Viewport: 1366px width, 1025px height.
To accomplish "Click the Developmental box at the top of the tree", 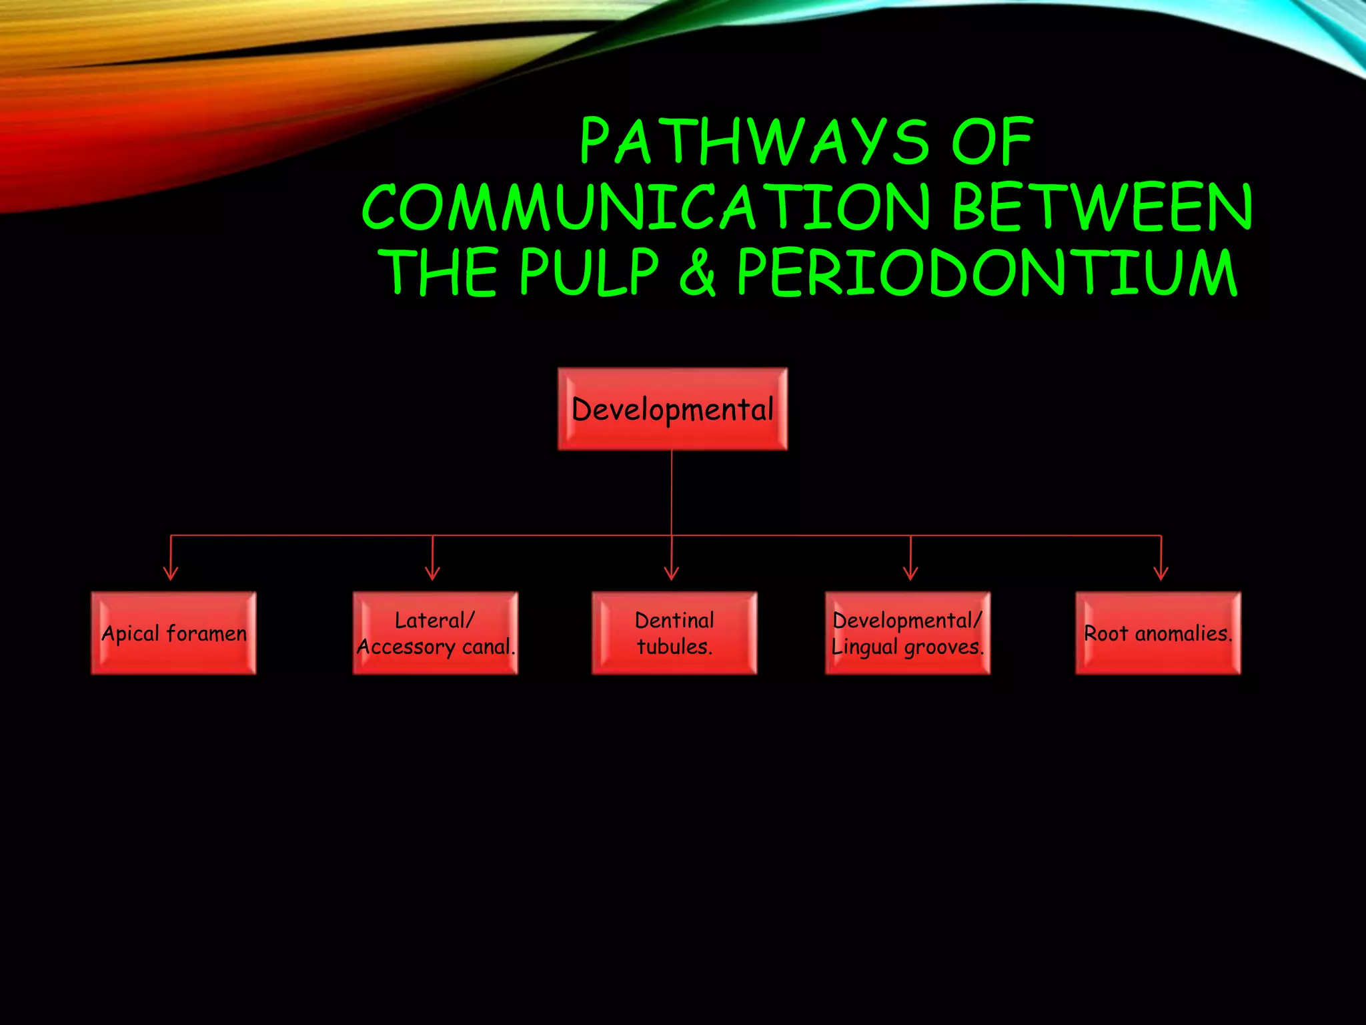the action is coord(672,409).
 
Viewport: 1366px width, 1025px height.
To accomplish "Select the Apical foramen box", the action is coord(173,633).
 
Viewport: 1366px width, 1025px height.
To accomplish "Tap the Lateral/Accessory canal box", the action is coord(436,633).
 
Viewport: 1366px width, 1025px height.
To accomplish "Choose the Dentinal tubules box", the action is coord(674,633).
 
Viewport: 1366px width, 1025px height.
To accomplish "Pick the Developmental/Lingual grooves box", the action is coord(908,633).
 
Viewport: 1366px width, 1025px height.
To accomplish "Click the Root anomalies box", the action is coord(1159,633).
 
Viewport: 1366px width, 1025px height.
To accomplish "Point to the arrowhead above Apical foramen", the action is coord(171,573).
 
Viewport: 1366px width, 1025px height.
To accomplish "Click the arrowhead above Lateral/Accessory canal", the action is coord(433,573).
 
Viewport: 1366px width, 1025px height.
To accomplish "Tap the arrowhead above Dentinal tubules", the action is coord(672,573).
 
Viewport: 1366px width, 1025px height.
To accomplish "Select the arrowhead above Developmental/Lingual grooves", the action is coord(910,573).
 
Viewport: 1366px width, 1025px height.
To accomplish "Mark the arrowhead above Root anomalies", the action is coord(1161,573).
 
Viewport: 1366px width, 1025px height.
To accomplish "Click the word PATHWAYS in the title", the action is coord(755,141).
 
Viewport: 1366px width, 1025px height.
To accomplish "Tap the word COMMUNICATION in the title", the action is coord(646,207).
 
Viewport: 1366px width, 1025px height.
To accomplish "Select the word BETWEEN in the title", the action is coord(1103,207).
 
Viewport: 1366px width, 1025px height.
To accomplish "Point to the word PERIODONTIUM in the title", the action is coord(987,272).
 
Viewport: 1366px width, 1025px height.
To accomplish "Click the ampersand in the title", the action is coord(698,272).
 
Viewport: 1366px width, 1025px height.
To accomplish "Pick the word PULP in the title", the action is coord(590,272).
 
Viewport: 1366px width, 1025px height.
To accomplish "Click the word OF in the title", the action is coord(992,141).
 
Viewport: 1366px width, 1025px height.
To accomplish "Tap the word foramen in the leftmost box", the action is coord(207,633).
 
